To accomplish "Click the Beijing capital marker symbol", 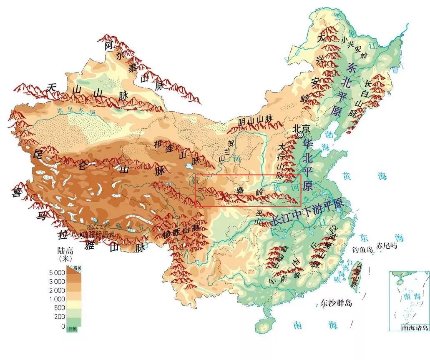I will pos(300,135).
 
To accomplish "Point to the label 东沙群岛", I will pos(336,303).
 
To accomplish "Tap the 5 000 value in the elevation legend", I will pos(58,272).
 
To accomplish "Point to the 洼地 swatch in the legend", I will pos(72,329).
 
